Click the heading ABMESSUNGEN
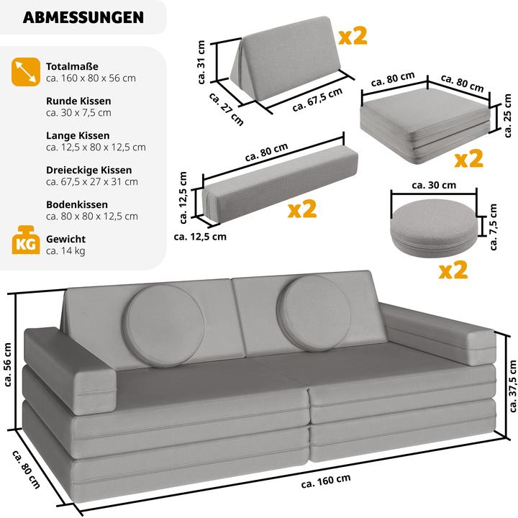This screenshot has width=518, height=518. click(x=83, y=17)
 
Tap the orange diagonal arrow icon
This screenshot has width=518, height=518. click(x=23, y=71)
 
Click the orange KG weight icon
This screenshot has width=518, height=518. click(x=23, y=244)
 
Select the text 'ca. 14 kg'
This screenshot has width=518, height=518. click(x=66, y=250)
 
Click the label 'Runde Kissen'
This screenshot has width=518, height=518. click(x=78, y=101)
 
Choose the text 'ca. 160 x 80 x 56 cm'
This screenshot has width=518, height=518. click(x=91, y=78)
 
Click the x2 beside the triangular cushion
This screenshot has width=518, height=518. click(x=352, y=36)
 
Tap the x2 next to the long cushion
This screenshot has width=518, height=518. click(x=302, y=209)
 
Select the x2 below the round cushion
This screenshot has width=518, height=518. click(x=453, y=270)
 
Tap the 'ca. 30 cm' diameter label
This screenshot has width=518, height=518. click(x=433, y=185)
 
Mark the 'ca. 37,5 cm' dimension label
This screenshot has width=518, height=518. click(x=511, y=388)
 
